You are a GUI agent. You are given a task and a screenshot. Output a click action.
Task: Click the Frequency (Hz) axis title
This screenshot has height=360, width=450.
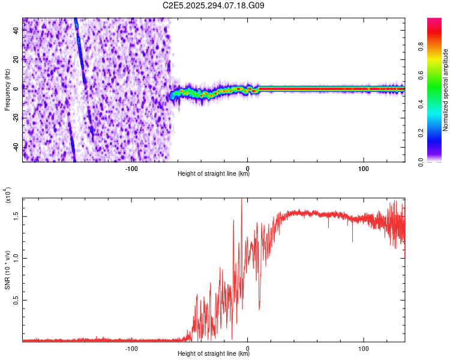(x=7, y=90)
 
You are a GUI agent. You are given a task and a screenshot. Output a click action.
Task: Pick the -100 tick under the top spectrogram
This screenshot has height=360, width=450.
(x=131, y=167)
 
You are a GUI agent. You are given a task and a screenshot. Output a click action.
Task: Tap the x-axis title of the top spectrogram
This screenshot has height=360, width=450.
(x=214, y=174)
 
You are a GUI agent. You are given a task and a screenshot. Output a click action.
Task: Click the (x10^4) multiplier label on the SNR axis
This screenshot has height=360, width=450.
(x=8, y=195)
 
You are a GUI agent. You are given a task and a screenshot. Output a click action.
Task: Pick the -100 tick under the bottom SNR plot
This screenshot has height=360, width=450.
(x=131, y=347)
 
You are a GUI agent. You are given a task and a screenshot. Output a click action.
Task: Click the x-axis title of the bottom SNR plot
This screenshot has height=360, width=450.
(x=214, y=354)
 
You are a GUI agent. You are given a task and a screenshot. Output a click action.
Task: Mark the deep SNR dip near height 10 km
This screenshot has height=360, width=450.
(x=259, y=308)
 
